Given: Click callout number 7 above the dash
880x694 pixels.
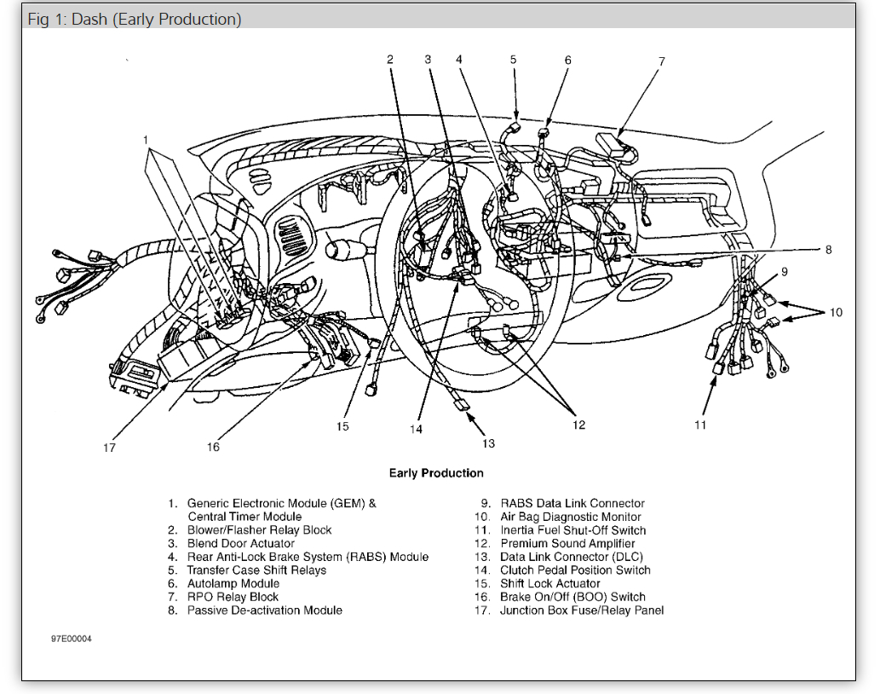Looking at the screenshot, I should click(661, 61).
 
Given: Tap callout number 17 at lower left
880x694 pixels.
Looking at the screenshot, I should click(109, 447).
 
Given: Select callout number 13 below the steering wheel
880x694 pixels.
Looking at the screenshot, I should click(488, 443).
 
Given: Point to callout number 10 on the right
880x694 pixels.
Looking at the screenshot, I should click(836, 313).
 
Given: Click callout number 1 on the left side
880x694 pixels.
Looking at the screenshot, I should click(146, 140).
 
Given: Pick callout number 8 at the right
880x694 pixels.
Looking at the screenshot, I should click(827, 250).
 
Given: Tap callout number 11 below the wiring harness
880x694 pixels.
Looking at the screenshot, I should click(699, 425).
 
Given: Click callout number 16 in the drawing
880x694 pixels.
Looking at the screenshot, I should click(213, 447).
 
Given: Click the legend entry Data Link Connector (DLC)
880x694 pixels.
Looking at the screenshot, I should click(572, 557).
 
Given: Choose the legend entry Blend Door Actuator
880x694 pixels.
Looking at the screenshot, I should click(241, 543).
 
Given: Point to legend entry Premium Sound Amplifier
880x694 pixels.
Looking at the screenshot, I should click(567, 543).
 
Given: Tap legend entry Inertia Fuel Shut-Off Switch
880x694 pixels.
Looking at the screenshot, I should click(573, 530).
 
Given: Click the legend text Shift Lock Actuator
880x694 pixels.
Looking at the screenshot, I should click(550, 583).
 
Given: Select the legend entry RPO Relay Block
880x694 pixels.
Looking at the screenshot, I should click(233, 597).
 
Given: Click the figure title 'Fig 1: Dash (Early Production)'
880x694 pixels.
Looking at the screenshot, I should click(135, 19).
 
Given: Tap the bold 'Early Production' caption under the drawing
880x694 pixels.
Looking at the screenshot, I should click(436, 473).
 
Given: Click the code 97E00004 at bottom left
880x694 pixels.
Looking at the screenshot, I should click(72, 638).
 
